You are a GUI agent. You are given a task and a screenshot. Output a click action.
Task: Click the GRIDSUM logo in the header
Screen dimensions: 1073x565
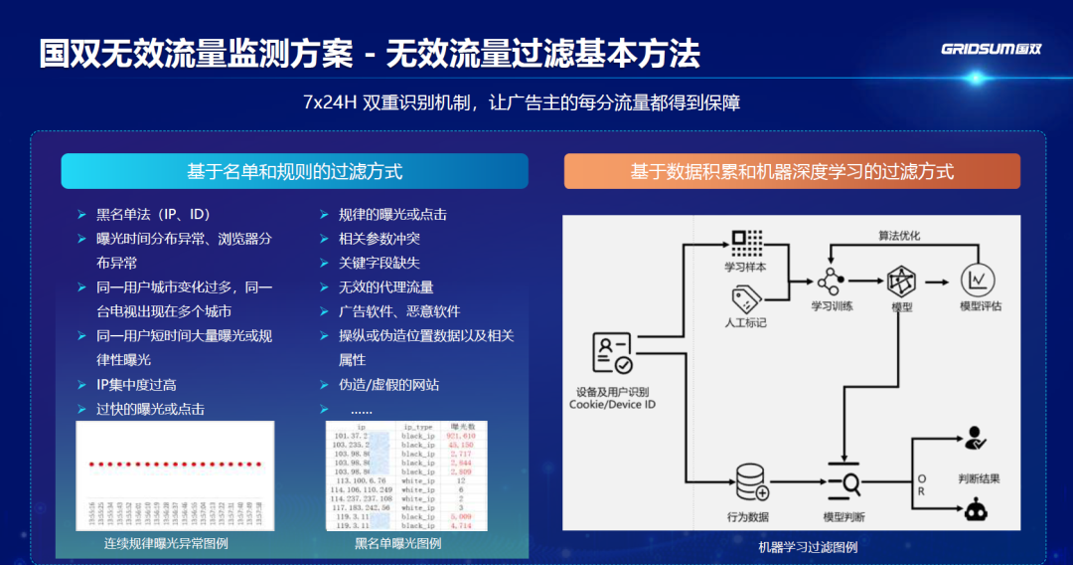click(x=991, y=50)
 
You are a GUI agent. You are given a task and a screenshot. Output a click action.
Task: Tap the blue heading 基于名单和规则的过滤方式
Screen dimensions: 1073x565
click(x=294, y=171)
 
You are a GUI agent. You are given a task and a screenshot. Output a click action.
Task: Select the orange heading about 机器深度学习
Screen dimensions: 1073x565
click(x=792, y=171)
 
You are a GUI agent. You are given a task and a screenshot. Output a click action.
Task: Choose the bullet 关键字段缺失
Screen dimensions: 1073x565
click(x=379, y=263)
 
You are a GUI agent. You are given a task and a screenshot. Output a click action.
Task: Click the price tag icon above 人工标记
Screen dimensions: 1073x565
click(x=746, y=297)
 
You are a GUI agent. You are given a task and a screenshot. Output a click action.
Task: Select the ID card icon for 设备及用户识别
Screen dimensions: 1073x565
click(x=611, y=353)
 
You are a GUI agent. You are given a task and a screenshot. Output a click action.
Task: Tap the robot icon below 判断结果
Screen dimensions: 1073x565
click(x=974, y=511)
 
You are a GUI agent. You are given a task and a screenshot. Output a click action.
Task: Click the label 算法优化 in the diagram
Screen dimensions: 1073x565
click(x=899, y=236)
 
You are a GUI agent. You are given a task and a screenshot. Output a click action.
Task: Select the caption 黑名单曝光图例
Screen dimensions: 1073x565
click(x=397, y=544)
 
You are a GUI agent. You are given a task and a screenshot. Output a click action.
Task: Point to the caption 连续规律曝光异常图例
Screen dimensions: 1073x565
click(x=166, y=544)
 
